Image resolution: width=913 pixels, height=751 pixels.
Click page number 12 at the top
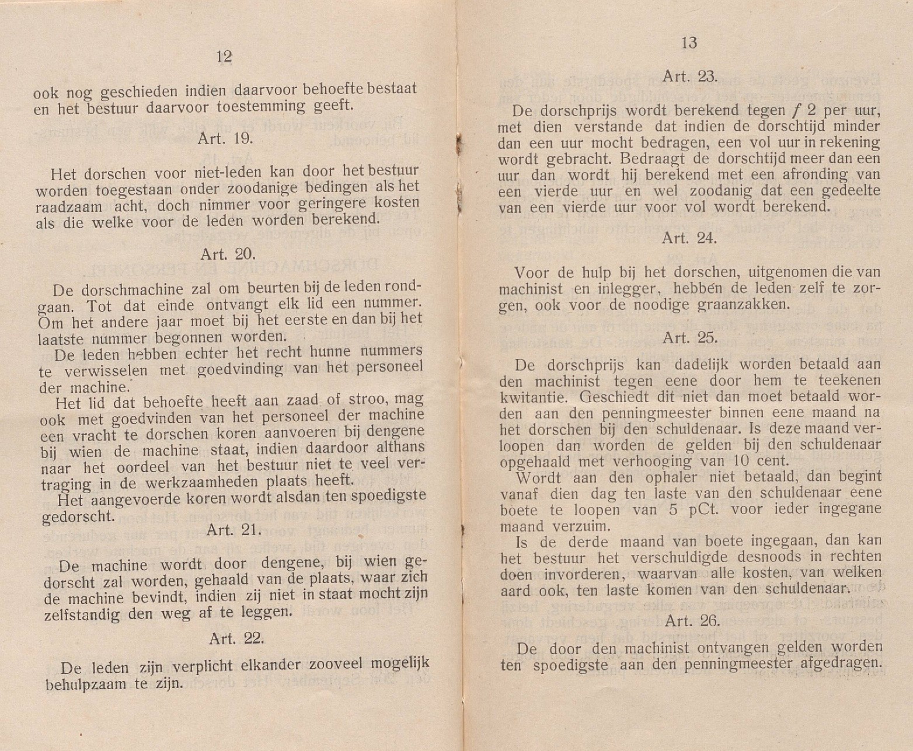point(224,57)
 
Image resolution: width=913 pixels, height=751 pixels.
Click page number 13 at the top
point(689,43)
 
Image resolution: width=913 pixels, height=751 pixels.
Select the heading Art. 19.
point(225,139)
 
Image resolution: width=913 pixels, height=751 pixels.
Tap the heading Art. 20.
point(228,254)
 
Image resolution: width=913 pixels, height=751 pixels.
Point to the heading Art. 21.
point(234,530)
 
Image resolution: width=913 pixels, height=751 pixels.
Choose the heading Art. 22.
point(236,638)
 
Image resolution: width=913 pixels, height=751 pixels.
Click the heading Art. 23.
point(689,76)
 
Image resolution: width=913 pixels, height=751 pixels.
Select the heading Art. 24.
point(689,238)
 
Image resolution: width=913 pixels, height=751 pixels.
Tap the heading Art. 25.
point(691,338)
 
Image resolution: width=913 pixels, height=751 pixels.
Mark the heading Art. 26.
point(692,621)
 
